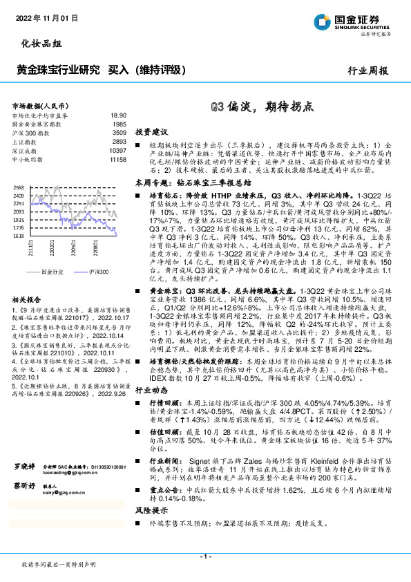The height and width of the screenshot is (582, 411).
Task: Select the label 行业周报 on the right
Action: [367, 70]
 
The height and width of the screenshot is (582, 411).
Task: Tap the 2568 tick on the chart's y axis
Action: [19, 187]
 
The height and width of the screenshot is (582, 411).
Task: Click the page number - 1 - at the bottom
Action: [205, 556]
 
